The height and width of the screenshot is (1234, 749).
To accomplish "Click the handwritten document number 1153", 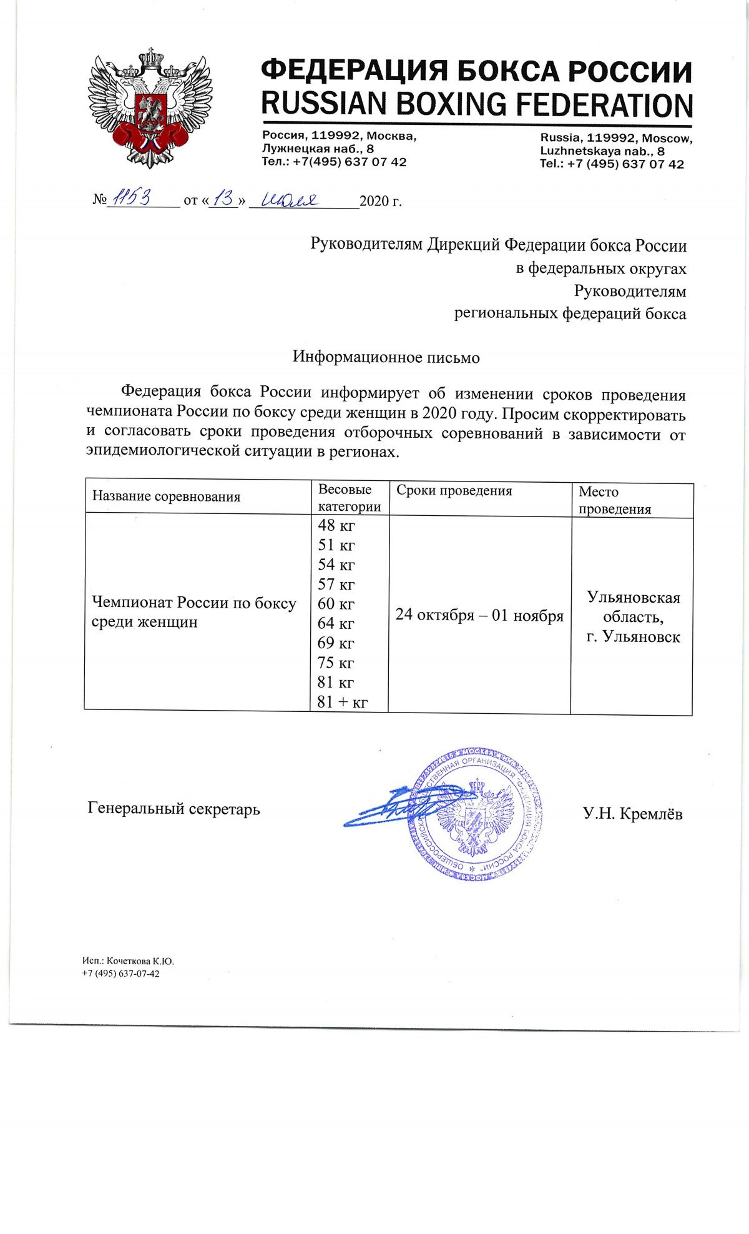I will (130, 199).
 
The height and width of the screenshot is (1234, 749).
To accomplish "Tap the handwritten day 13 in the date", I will (223, 199).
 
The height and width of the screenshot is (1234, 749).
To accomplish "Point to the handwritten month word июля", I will (290, 200).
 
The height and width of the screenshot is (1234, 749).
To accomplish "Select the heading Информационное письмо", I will (386, 357).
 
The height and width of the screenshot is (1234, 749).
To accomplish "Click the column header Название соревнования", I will (167, 496).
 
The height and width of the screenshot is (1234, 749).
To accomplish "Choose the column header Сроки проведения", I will (454, 491).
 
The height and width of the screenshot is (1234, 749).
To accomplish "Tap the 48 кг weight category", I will (336, 525).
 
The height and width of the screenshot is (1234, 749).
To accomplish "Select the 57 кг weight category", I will (336, 585).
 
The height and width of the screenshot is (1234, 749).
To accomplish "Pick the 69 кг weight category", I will (336, 643).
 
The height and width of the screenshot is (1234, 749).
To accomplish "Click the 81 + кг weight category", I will (342, 702).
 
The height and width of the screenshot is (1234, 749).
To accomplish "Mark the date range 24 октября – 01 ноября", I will (479, 615).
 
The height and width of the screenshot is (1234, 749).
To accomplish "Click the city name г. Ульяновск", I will (633, 637).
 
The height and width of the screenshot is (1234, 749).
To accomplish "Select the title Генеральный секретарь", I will (174, 809).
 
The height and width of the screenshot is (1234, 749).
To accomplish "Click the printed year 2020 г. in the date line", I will (381, 201).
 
